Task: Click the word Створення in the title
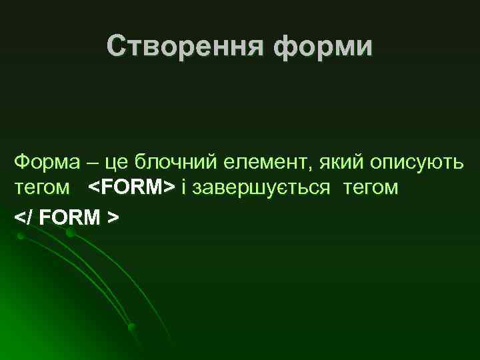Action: (176, 46)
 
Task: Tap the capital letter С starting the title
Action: (116, 46)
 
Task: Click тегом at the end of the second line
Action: (371, 189)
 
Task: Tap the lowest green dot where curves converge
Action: (132, 326)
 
